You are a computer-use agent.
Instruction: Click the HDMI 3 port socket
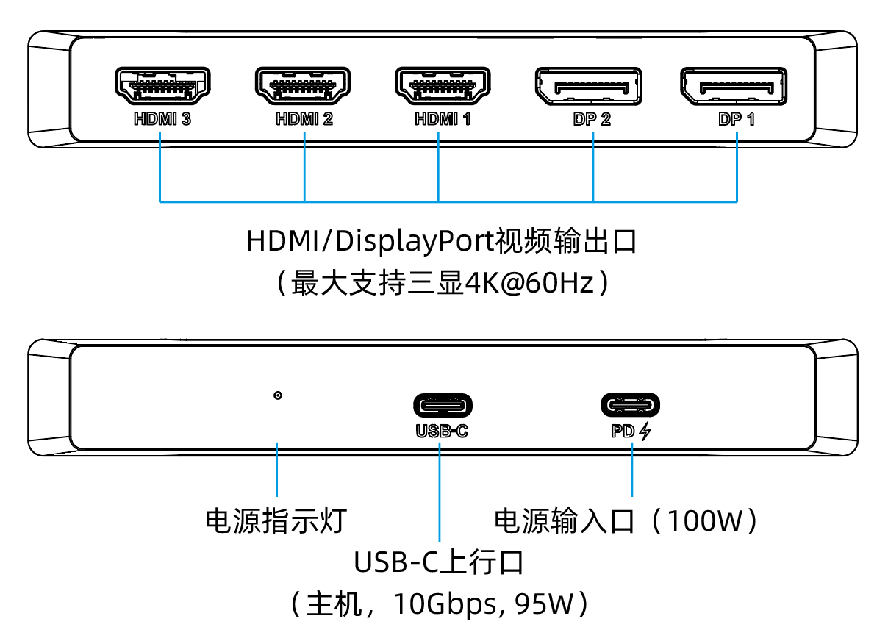[162, 86]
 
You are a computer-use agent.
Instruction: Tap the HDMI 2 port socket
[303, 86]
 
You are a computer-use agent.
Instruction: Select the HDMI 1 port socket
[443, 86]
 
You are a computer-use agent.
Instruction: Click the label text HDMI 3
[162, 119]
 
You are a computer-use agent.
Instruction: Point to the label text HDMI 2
[304, 119]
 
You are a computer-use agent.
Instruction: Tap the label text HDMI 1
[443, 119]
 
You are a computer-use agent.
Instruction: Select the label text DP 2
[592, 119]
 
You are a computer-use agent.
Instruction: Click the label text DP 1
[737, 119]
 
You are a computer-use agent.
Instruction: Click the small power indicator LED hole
[277, 396]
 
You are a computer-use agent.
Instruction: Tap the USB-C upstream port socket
[443, 405]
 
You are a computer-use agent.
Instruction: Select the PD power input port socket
[631, 405]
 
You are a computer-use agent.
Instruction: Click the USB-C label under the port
[442, 431]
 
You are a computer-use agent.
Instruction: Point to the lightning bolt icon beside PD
[645, 431]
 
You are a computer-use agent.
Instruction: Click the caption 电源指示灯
[275, 520]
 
